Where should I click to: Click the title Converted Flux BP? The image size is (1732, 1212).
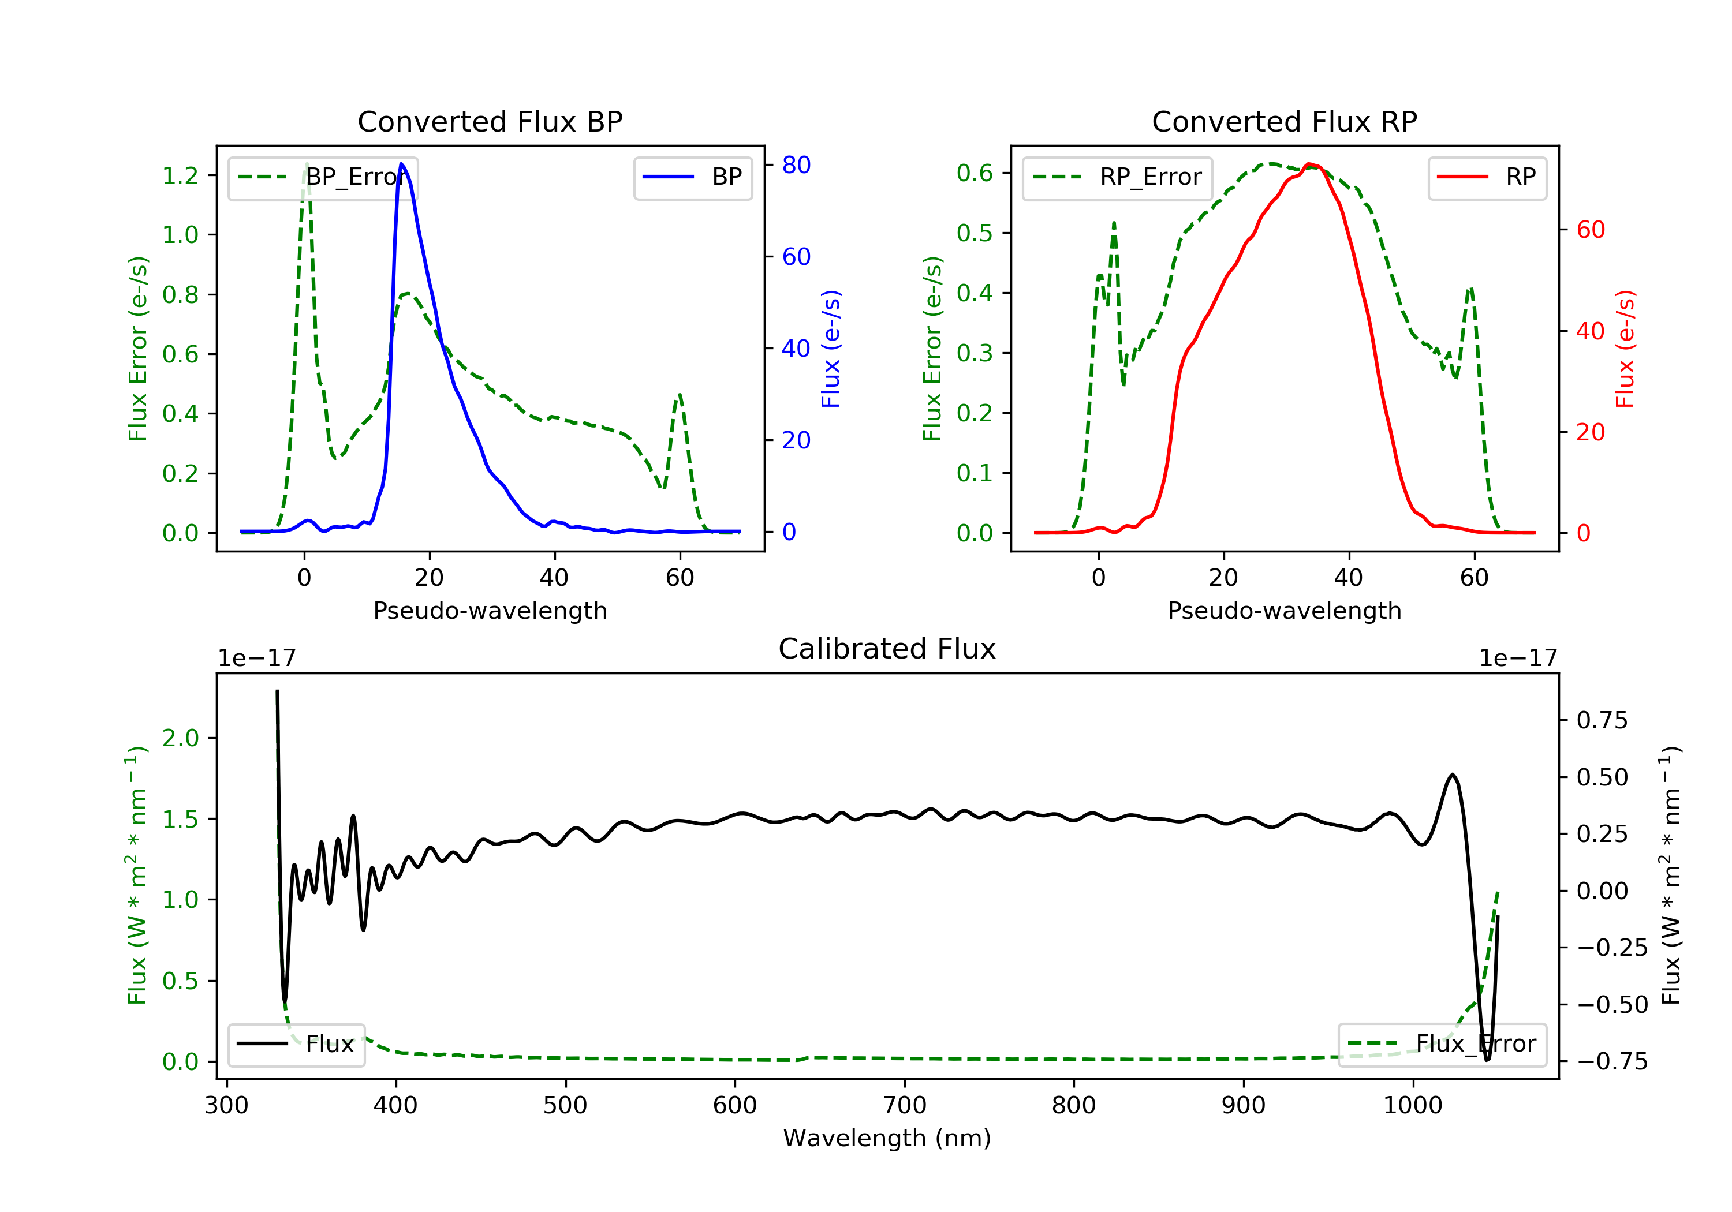coord(490,121)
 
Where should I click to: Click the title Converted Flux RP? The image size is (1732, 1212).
coord(1285,121)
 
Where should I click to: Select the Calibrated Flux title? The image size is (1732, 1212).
coord(887,649)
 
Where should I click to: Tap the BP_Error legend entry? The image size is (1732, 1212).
coord(323,177)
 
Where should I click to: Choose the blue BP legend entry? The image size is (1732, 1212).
coord(692,177)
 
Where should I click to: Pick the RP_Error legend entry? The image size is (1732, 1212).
coord(1117,177)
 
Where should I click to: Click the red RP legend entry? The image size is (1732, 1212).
coord(1487,177)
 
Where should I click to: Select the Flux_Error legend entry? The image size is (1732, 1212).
coord(1442,1044)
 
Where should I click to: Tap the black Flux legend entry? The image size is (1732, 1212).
coord(296,1044)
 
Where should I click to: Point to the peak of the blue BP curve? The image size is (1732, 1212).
coord(401,164)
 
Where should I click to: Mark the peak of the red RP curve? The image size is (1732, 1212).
coord(1309,164)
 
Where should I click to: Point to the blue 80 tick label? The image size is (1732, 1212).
coord(797,165)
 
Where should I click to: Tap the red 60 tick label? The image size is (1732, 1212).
coord(1591,230)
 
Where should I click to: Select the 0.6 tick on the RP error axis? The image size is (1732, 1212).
coord(975,174)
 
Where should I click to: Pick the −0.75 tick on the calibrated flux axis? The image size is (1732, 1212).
coord(1612,1061)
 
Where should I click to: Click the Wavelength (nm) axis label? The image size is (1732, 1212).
coord(887,1138)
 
